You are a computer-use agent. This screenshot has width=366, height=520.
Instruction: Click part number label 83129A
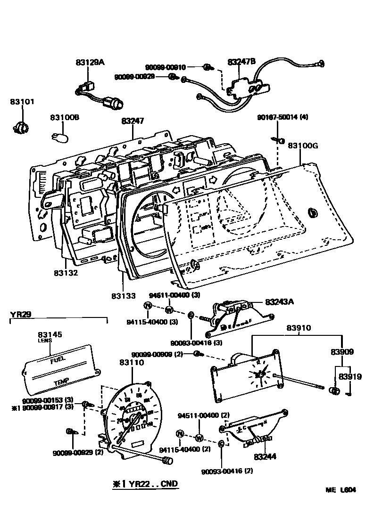coord(90,62)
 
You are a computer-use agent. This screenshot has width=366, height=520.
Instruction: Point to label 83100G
coord(303,146)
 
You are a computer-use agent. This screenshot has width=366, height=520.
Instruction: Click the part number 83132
coord(66,273)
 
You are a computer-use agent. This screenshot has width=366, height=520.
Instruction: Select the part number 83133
coord(124,296)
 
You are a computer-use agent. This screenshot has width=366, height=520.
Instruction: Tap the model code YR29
coord(21,314)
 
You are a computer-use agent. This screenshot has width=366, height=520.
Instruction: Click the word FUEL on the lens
coord(58,360)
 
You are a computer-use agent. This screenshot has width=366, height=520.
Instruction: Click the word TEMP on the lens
coord(61,382)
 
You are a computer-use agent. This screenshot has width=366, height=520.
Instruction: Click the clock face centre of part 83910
coord(259,374)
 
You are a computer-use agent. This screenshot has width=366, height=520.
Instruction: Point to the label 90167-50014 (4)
coord(283,117)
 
